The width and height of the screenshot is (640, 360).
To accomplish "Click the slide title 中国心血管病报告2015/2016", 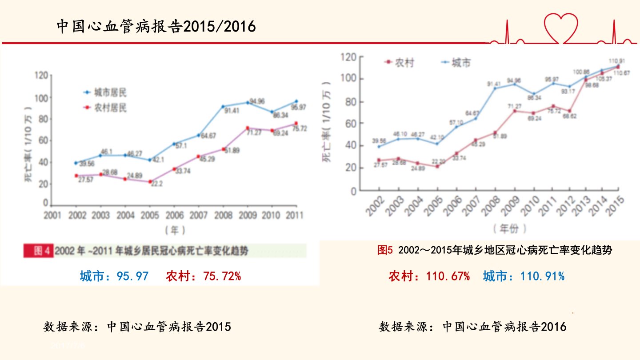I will pyautogui.click(x=156, y=27).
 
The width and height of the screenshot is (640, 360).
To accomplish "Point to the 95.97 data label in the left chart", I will pyautogui.click(x=299, y=108).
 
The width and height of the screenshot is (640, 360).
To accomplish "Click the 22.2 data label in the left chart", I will pyautogui.click(x=157, y=184).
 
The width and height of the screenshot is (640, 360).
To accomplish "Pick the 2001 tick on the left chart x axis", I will pyautogui.click(x=52, y=216).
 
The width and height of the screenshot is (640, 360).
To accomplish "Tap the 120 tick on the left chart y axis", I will pyautogui.click(x=40, y=76).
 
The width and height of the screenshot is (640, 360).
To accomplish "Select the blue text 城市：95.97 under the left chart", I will pyautogui.click(x=114, y=276).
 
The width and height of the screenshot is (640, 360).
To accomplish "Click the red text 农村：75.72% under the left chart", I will pyautogui.click(x=204, y=276).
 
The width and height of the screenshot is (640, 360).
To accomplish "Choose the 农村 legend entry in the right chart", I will pyautogui.click(x=400, y=63).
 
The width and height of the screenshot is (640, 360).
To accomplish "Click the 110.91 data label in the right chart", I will pyautogui.click(x=616, y=60).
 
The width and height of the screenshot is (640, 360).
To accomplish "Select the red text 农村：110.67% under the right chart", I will pyautogui.click(x=429, y=276).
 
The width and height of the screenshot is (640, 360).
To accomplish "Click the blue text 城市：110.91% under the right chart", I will pyautogui.click(x=524, y=276).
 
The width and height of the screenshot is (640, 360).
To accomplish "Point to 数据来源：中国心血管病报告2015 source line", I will pyautogui.click(x=137, y=327).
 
